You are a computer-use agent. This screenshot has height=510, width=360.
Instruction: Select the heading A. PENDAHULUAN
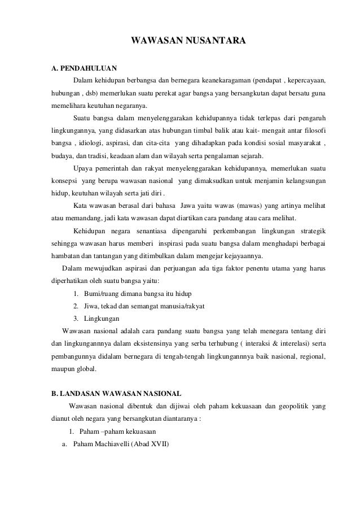[x=76, y=69]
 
